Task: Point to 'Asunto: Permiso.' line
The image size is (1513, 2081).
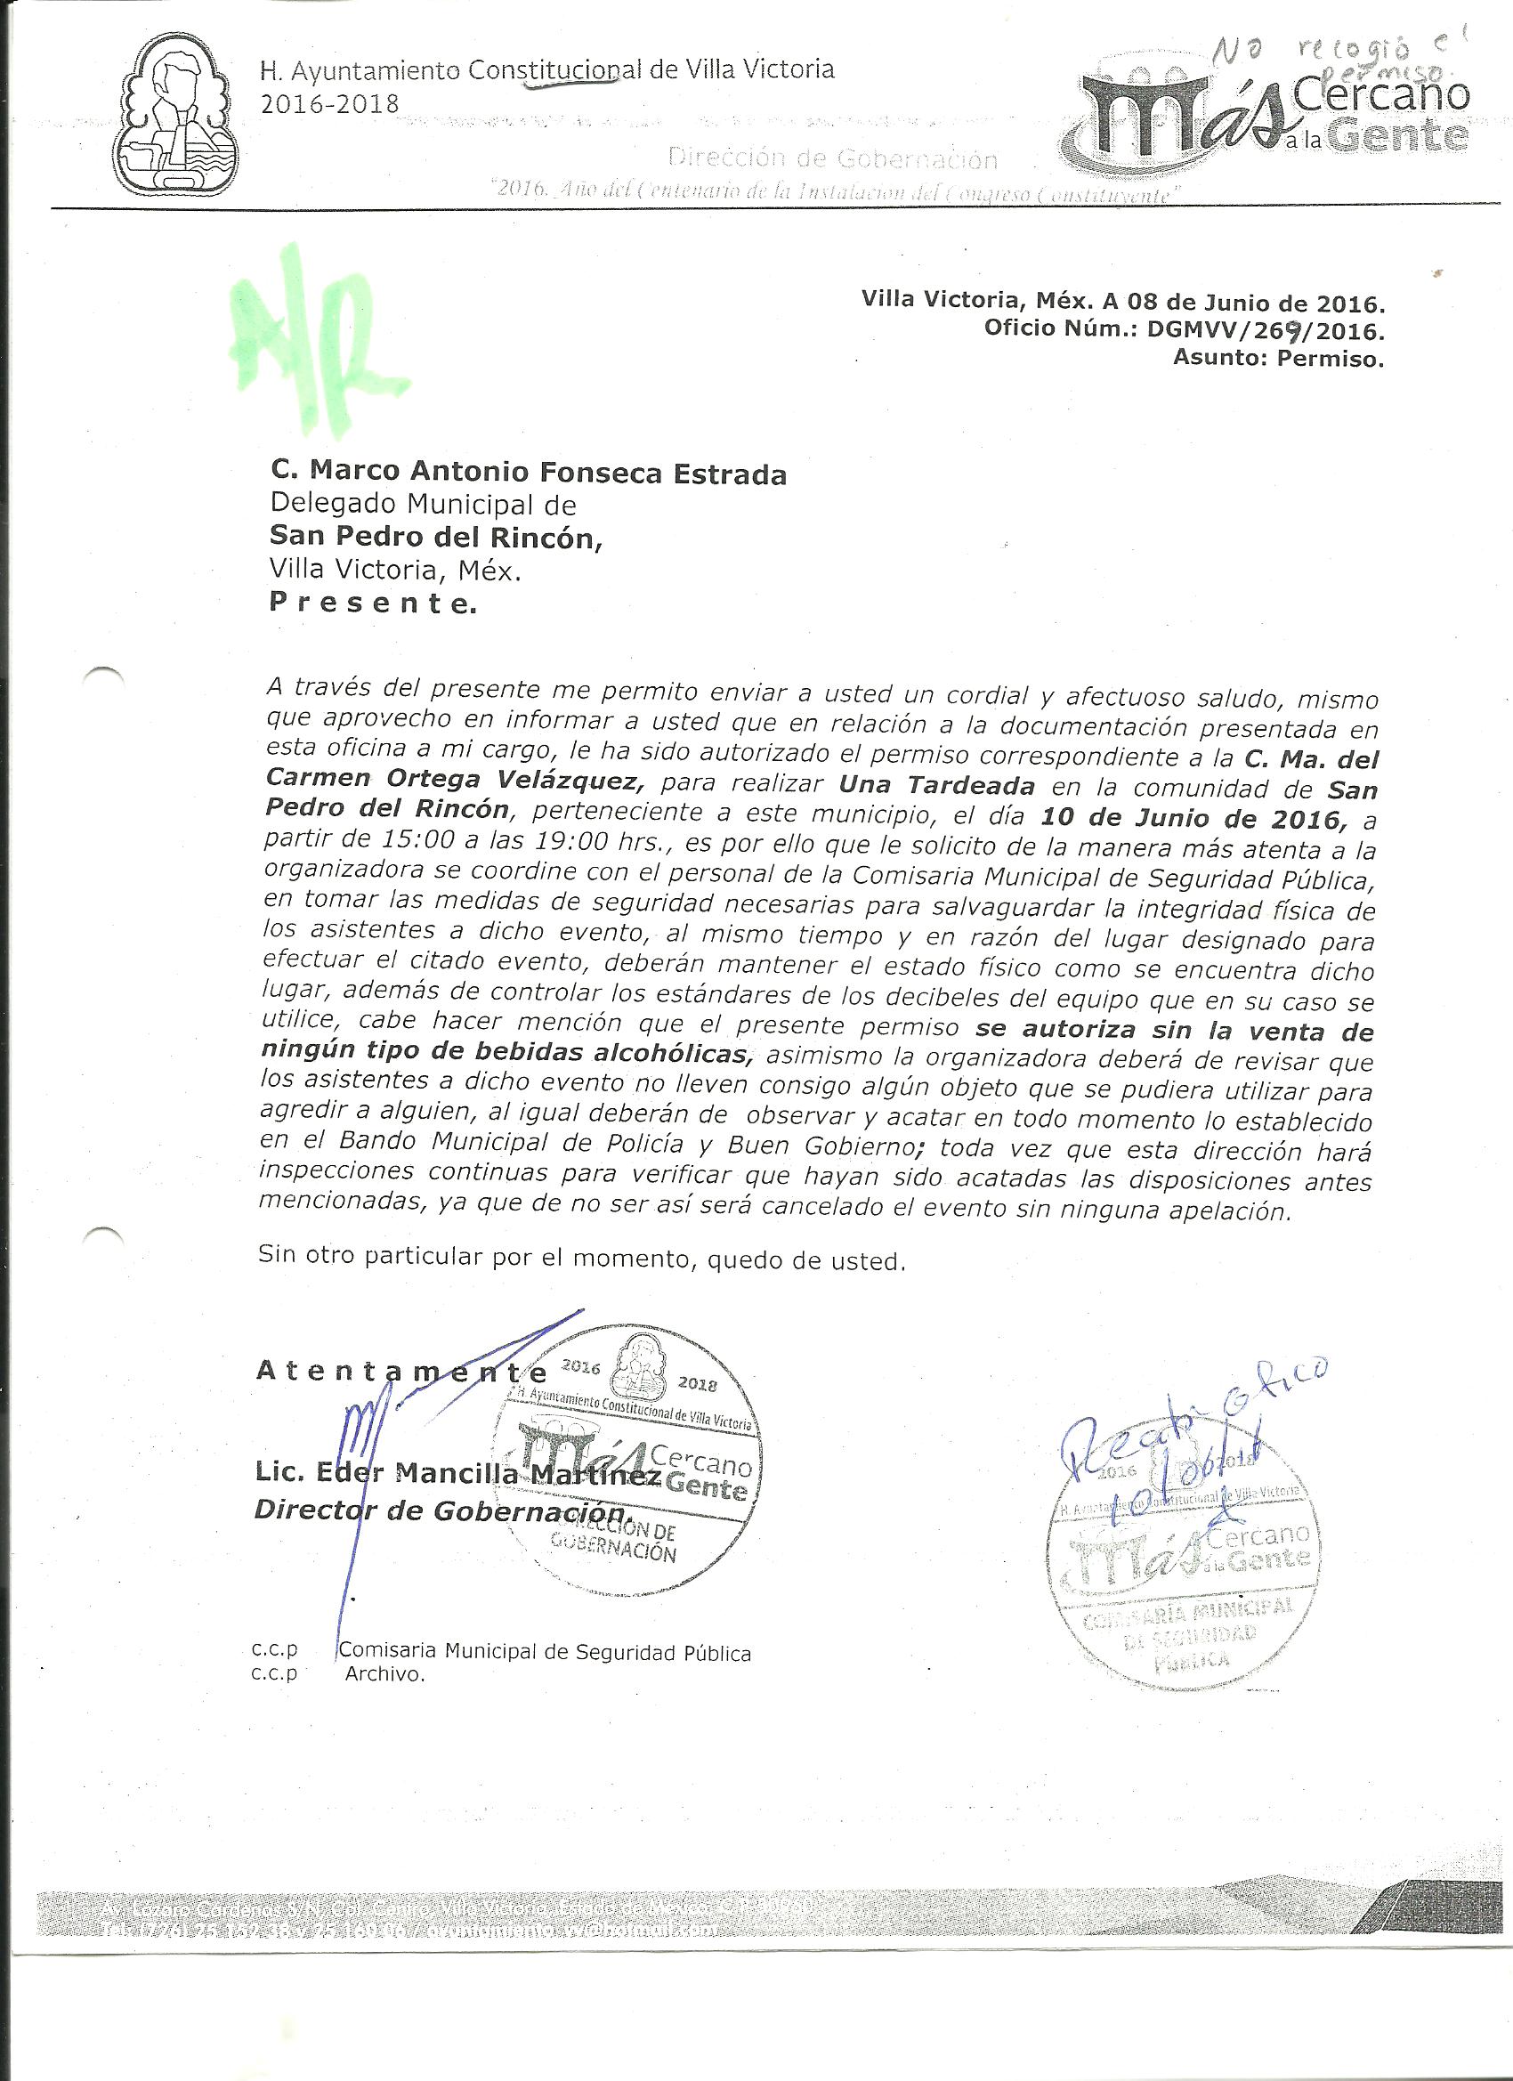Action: tap(1277, 359)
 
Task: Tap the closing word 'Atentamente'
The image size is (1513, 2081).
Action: tap(401, 1372)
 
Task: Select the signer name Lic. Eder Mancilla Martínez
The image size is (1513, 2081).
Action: tap(457, 1474)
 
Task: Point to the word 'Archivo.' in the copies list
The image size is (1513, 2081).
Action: tap(384, 1673)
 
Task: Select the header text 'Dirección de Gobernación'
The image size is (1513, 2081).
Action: tap(832, 160)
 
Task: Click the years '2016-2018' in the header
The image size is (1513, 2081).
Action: tap(330, 102)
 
